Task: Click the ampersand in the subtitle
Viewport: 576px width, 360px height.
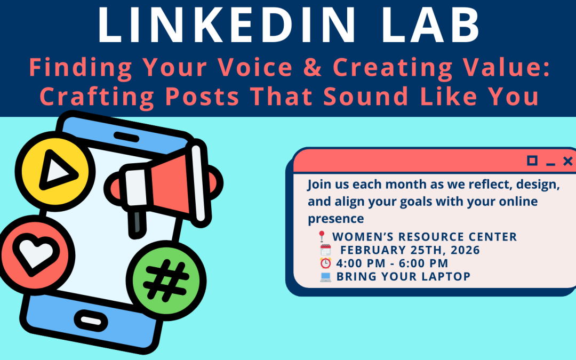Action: [x=311, y=68]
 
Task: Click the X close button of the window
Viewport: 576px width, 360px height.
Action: [x=568, y=161]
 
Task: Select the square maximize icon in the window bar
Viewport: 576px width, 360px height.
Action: [x=532, y=161]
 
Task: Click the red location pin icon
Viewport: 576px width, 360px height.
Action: [x=322, y=236]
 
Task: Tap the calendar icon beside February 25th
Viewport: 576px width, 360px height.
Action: [x=325, y=250]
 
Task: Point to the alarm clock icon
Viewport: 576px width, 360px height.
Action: [x=325, y=263]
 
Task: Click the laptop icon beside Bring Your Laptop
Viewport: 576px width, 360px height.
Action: [x=325, y=276]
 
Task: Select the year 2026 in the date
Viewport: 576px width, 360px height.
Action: [x=464, y=250]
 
